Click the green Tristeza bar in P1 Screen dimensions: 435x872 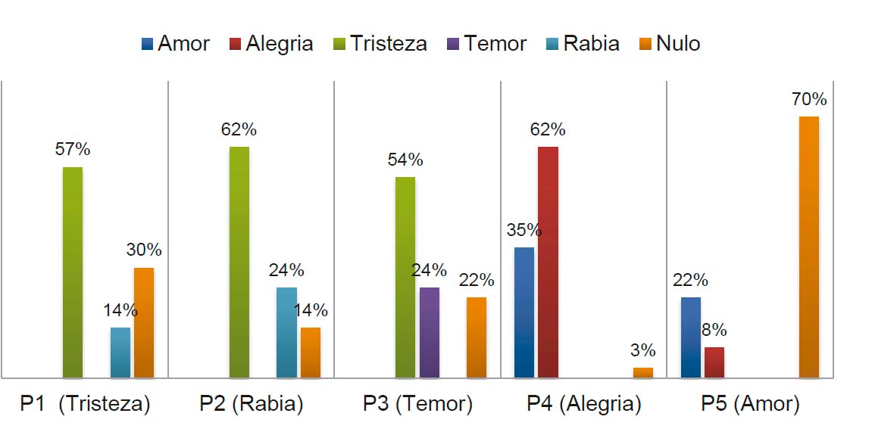73,272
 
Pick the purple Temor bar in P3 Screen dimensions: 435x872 429,332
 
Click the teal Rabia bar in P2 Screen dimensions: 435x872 286,332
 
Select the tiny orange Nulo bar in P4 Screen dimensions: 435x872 643,372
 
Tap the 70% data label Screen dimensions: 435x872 808,100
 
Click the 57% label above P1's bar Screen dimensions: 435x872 73,150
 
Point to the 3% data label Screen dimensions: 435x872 643,351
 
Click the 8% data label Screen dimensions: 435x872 714,331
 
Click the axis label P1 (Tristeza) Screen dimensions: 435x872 85,404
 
